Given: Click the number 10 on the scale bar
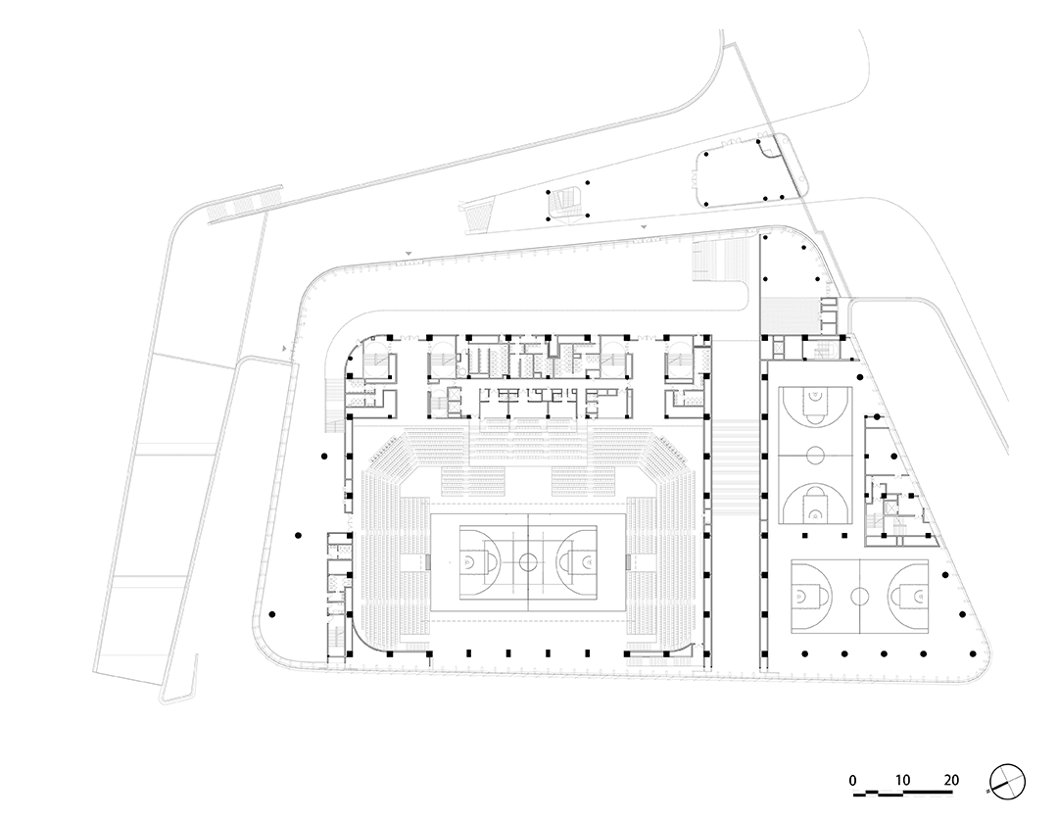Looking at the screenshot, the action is pos(902,780).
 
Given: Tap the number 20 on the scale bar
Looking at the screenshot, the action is pos(950,780).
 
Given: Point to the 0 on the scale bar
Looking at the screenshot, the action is pos(853,781).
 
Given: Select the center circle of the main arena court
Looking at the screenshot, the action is pos(528,561).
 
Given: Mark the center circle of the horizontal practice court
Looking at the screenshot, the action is pos(859,596).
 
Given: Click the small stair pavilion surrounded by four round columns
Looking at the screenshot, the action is pos(566,200).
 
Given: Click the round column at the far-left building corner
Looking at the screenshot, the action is pos(272,615).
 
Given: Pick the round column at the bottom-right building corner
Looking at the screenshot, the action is pos(972,653).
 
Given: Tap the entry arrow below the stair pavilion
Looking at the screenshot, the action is pos(645,227).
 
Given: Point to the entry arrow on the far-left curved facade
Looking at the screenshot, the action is pos(285,348).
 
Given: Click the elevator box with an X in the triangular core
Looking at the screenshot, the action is pos(890,506).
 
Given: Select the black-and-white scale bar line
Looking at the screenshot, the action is pos(903,793).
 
